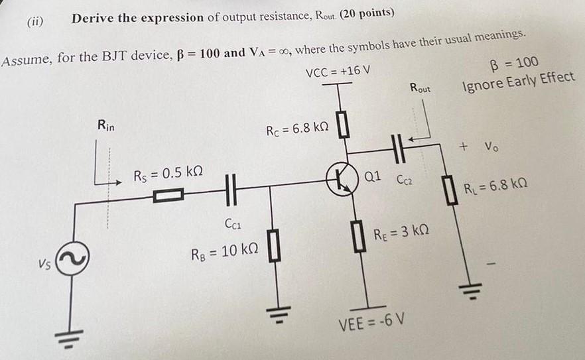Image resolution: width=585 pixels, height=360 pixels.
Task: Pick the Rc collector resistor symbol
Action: (342, 125)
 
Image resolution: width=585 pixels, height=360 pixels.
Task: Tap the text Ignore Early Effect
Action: (519, 78)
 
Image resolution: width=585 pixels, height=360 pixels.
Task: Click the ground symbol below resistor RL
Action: (466, 286)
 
